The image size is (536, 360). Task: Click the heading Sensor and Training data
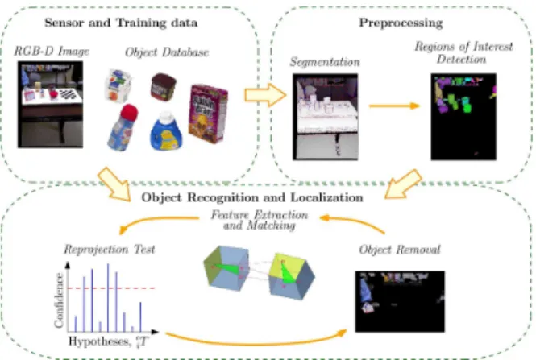[121, 23]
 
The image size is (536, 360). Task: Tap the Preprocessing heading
[401, 23]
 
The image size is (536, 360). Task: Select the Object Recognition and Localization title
[252, 197]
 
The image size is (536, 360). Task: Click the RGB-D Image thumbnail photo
[50, 105]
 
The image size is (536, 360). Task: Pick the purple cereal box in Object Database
[208, 114]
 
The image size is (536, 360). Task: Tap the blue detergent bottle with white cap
[166, 131]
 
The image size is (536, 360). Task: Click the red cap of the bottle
[129, 112]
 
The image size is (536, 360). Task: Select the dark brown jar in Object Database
[164, 87]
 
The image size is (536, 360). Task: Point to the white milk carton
[118, 85]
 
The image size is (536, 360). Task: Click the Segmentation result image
[326, 117]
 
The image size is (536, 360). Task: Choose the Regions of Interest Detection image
[463, 117]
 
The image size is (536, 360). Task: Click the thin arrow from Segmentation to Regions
[394, 106]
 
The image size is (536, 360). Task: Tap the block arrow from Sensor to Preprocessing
[265, 95]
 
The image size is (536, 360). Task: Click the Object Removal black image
[400, 301]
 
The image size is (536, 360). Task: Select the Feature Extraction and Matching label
[260, 220]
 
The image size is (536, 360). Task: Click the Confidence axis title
[59, 300]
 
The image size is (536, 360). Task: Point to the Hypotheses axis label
[108, 341]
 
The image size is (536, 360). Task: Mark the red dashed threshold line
[111, 288]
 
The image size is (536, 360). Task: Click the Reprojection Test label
[110, 250]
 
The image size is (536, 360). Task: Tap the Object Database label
[167, 52]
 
